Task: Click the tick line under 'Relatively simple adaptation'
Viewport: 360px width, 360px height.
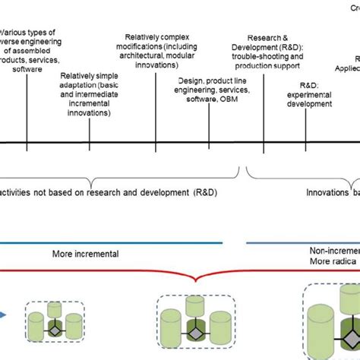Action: [x=90, y=134]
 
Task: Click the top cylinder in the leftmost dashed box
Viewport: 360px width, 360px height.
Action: [x=54, y=309]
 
